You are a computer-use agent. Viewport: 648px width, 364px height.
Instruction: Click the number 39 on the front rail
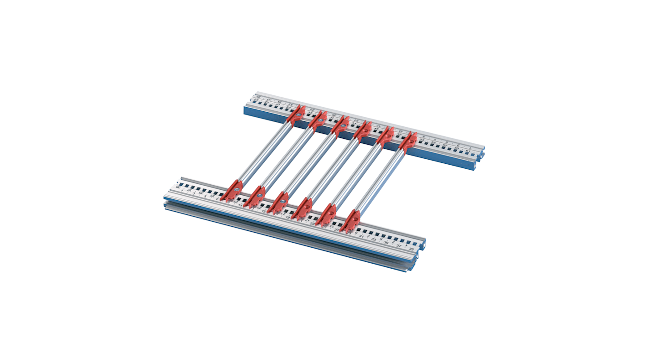tap(411, 249)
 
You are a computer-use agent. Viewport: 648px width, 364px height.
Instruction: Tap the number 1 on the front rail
tap(183, 191)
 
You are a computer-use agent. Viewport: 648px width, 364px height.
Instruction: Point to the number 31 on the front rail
tap(361, 236)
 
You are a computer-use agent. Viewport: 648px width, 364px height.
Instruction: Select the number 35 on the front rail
tap(386, 243)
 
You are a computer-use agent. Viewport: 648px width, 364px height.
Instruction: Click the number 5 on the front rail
tap(205, 197)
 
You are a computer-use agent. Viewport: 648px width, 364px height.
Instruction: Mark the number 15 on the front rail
tap(264, 212)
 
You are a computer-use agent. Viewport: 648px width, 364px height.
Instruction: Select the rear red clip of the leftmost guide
tap(296, 114)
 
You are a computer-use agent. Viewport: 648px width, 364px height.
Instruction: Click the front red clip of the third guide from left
tap(278, 203)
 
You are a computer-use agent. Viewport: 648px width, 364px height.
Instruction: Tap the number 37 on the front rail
tap(398, 246)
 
